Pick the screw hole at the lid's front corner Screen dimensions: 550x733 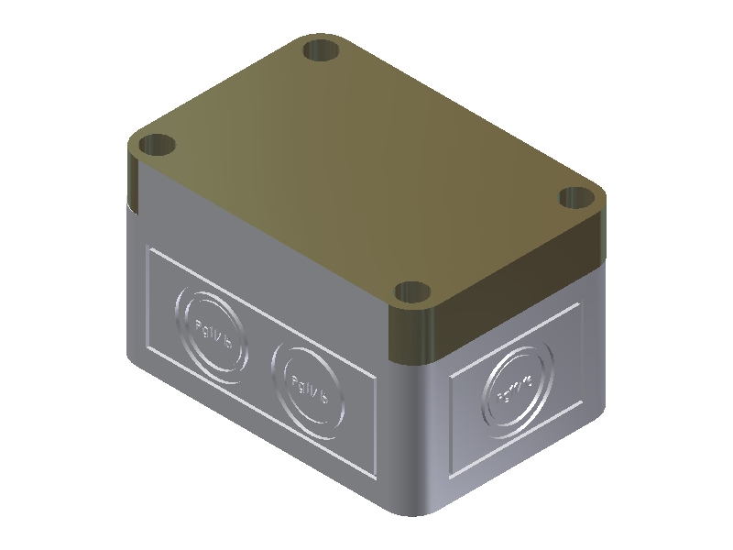tap(413, 293)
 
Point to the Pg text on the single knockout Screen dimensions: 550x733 tap(515, 389)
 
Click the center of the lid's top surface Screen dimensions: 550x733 tap(366, 170)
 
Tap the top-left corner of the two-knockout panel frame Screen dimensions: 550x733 tap(148, 248)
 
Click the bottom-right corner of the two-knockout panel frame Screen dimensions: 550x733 tap(376, 479)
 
